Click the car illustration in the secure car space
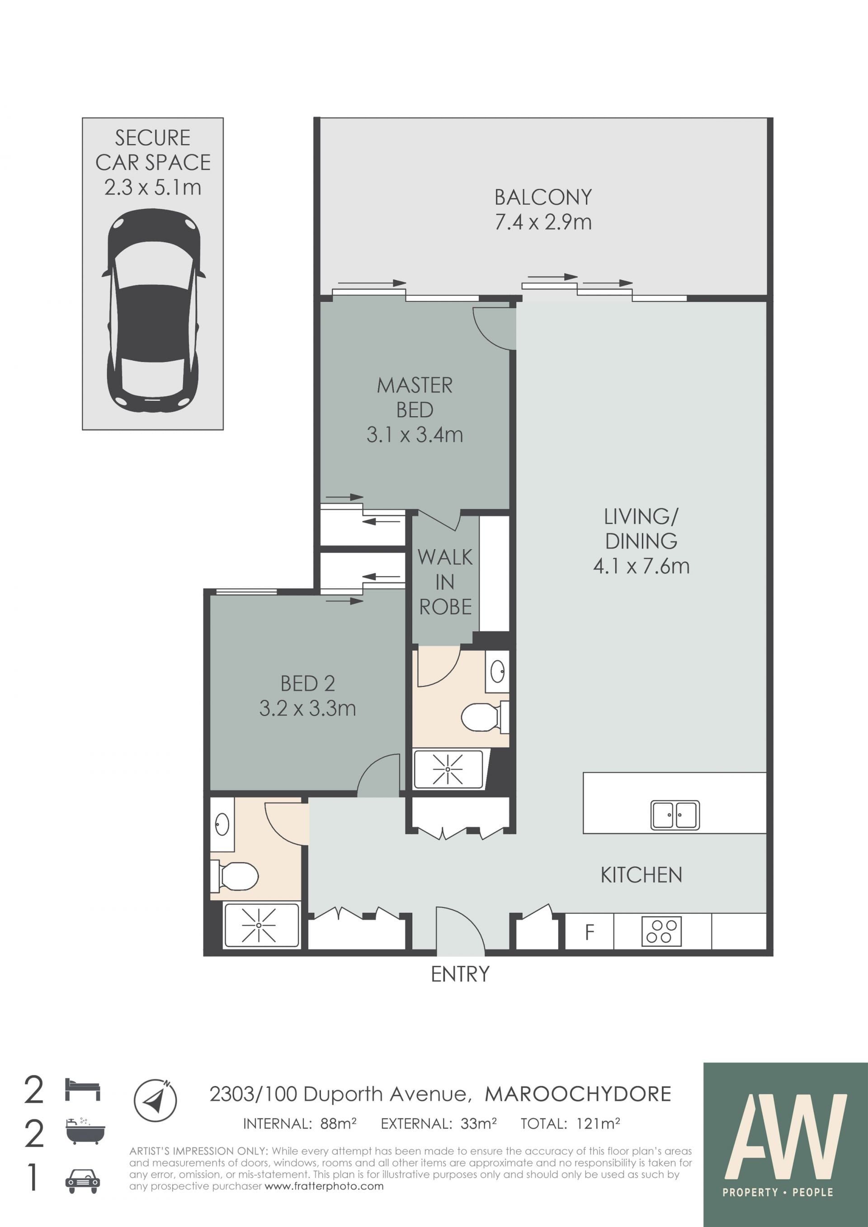point(153,310)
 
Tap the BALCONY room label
point(543,197)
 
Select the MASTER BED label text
point(415,398)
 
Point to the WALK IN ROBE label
point(445,582)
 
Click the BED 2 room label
point(308,683)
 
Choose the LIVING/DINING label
point(642,528)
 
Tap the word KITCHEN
point(642,875)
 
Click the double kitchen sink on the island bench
point(675,815)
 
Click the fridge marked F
point(590,931)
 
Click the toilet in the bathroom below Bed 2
point(235,876)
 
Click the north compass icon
point(155,1100)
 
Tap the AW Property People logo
point(786,1145)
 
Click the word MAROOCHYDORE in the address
point(578,1095)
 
